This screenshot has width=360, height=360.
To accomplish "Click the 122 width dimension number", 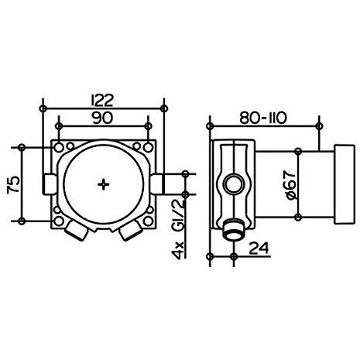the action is coord(102,101).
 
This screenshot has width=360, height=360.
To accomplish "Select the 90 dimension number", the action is coord(102,118).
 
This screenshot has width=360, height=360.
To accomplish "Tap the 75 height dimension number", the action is coord(14,184).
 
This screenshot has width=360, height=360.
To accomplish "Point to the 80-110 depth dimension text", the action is coord(263,118).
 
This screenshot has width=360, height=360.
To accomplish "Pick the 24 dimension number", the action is coord(259,248).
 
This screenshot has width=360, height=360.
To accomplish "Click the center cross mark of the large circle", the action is coord(104,184).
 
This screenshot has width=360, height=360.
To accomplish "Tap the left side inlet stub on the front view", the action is coord(50,184).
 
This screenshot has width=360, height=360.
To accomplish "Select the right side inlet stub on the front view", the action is coord(157,184).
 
